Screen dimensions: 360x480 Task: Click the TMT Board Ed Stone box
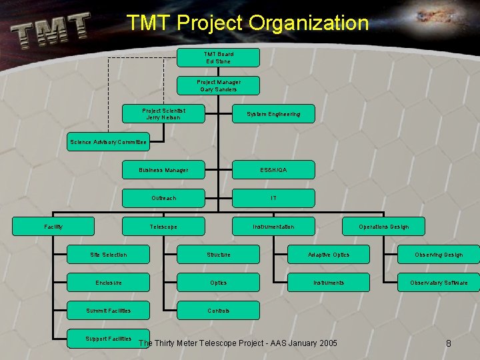[218, 57]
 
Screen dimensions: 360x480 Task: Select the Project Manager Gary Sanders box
[218, 85]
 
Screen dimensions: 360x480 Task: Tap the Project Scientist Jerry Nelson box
[163, 114]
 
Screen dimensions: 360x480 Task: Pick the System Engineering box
[273, 114]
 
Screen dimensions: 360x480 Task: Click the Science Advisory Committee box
[108, 142]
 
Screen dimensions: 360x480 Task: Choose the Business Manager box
[163, 170]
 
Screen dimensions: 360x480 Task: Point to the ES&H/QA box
[273, 170]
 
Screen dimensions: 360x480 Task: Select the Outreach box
[163, 198]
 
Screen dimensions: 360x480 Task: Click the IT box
[273, 198]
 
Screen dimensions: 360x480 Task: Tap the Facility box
[53, 227]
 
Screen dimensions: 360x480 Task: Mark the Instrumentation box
[273, 227]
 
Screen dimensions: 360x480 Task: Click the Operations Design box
[383, 227]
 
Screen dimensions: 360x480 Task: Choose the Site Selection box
[108, 255]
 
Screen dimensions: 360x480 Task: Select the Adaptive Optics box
[328, 255]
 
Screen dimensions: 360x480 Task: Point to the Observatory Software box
[438, 283]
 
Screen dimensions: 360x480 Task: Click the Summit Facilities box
[108, 311]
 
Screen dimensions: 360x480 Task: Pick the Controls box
[218, 311]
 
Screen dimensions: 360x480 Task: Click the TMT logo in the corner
[50, 31]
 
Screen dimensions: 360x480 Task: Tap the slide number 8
[449, 343]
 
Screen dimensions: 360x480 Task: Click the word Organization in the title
[309, 23]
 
